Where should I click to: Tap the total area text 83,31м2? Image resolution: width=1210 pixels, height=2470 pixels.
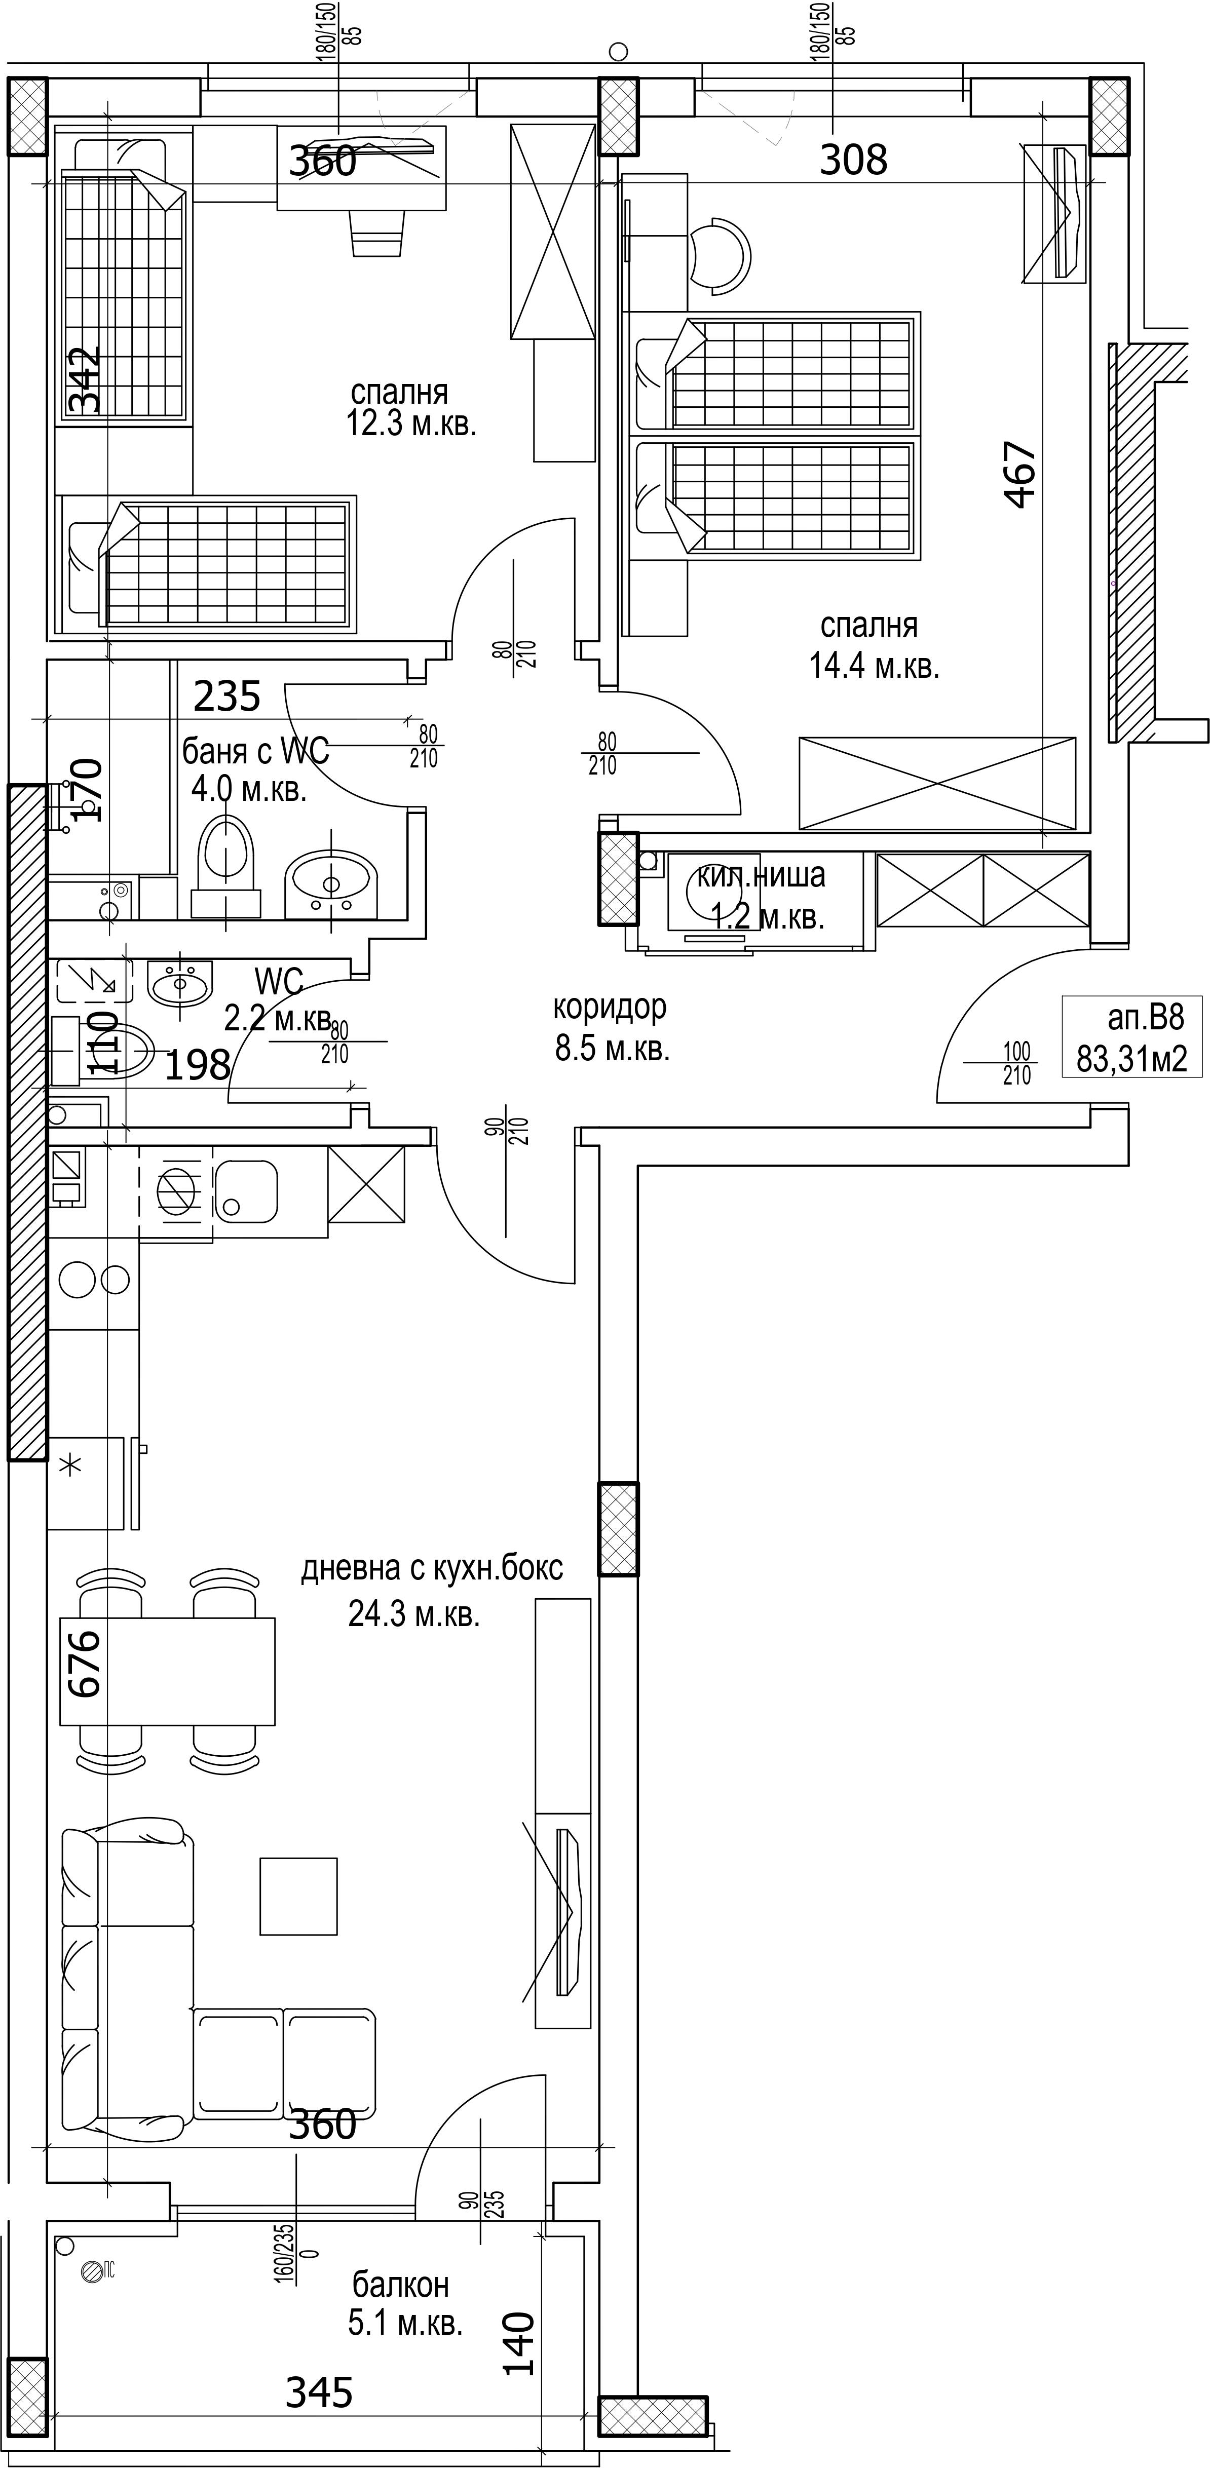pos(1131,1059)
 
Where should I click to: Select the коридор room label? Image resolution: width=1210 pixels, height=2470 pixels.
pos(609,1007)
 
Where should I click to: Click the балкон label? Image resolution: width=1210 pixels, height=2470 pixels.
pos(401,2285)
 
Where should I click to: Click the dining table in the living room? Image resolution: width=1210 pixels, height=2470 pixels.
pos(168,1671)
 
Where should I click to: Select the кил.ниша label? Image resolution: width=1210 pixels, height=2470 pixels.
pos(761,875)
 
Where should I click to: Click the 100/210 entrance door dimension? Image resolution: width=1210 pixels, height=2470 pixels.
pos(1016,1064)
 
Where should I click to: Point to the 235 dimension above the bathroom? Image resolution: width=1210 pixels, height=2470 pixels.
pos(227,696)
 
